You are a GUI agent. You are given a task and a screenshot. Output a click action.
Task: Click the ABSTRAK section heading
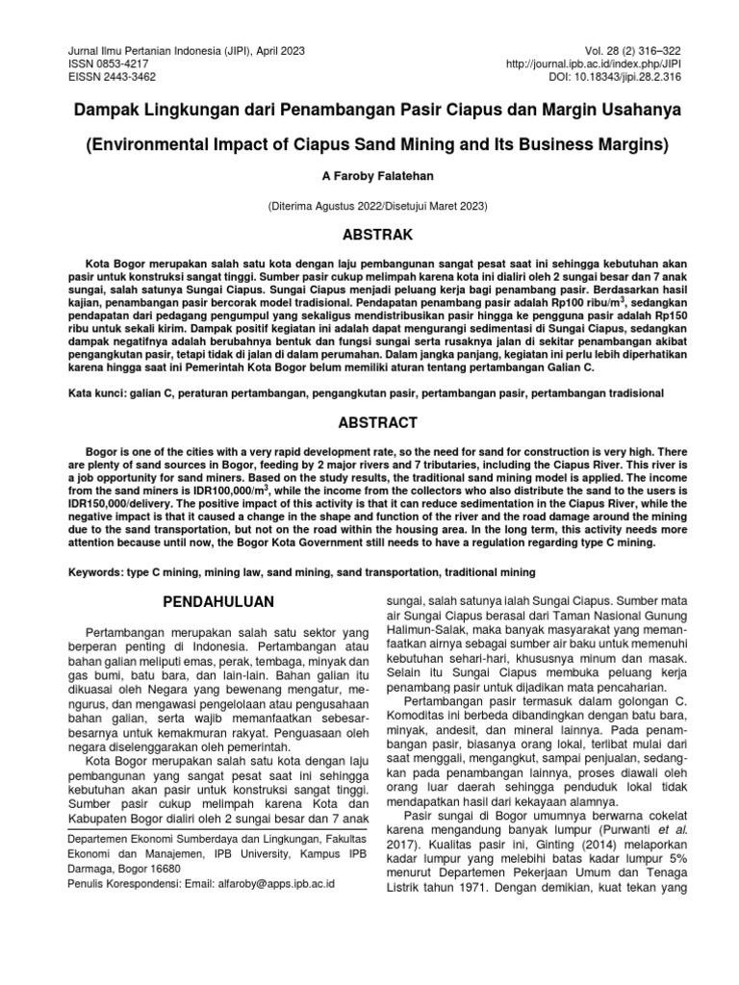point(370,234)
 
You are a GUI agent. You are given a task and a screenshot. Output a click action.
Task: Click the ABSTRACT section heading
point(370,421)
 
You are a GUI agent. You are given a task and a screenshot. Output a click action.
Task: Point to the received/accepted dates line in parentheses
point(370,206)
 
